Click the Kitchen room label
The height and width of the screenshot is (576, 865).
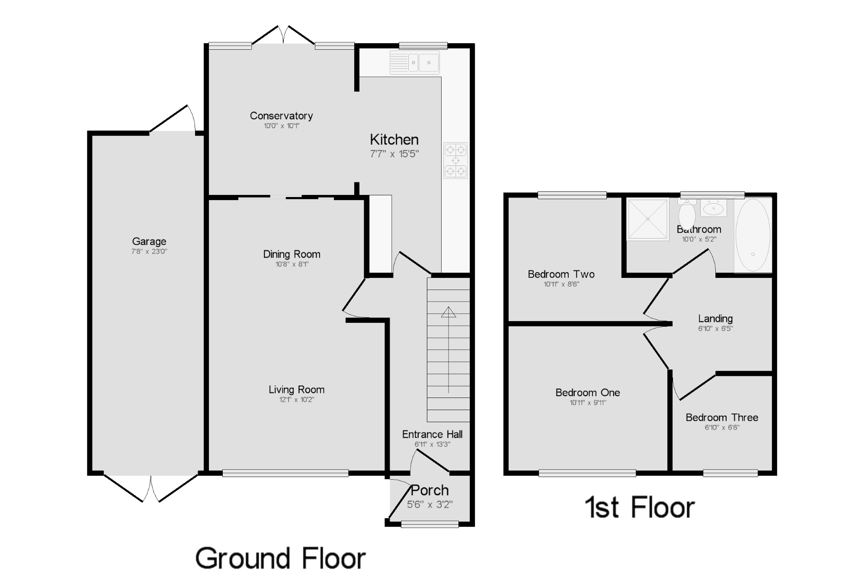[x=394, y=140]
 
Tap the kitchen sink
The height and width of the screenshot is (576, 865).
[x=415, y=63]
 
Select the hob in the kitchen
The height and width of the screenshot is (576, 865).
[x=455, y=161]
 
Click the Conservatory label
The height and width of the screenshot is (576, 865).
[x=281, y=116]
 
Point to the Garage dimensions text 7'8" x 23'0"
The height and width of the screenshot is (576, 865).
[x=149, y=251]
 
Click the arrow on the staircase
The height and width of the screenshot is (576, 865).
[x=449, y=350]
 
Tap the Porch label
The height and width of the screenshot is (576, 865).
[x=429, y=490]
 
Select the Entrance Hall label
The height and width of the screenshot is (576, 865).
[x=432, y=434]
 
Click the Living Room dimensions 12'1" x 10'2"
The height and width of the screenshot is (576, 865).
[x=297, y=400]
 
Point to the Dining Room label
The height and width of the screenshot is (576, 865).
[x=292, y=254]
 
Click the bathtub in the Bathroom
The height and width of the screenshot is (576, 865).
[x=753, y=235]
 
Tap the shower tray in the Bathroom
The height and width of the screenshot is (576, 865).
[x=648, y=219]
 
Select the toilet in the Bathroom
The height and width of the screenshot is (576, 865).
[x=687, y=211]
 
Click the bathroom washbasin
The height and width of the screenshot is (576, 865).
[x=714, y=208]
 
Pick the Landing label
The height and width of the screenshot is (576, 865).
[x=715, y=318]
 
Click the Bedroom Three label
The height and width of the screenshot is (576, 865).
[x=722, y=417]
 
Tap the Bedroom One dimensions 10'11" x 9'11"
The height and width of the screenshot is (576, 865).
[x=588, y=403]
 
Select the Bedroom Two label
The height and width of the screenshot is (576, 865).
[x=561, y=274]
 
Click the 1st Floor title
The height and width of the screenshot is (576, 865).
[x=640, y=507]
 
